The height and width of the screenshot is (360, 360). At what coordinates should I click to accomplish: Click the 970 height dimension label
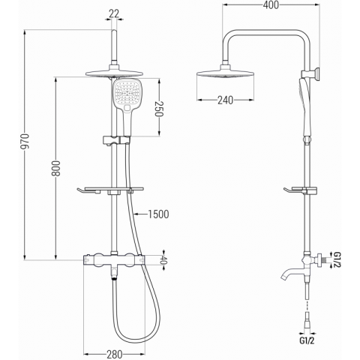tap(25, 142)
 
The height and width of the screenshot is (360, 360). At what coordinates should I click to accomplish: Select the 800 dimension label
tap(56, 168)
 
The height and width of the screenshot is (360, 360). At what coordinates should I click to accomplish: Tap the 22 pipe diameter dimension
tap(114, 13)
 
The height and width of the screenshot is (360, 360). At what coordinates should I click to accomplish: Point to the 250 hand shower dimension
tap(159, 109)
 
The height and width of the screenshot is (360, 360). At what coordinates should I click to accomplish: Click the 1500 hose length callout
tap(158, 214)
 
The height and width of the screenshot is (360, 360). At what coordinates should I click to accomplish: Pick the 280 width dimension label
tap(115, 354)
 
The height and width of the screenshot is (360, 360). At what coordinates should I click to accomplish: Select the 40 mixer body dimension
tap(163, 260)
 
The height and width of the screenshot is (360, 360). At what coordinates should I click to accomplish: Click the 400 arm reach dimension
tap(271, 5)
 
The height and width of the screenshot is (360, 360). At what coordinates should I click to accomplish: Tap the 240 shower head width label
tap(225, 100)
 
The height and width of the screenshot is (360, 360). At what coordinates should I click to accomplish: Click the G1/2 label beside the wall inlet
tap(337, 259)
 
